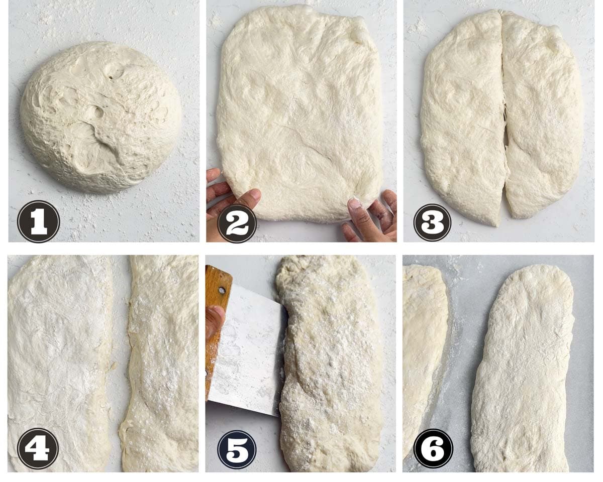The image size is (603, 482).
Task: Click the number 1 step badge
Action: pos(38,221)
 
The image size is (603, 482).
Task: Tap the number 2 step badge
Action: pos(237,223)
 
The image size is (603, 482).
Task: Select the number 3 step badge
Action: pos(432,222)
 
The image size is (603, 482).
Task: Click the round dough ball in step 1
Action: pos(101,117)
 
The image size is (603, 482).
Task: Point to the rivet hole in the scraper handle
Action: pos(222,290)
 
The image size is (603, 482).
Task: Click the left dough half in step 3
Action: pos(462,117)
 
